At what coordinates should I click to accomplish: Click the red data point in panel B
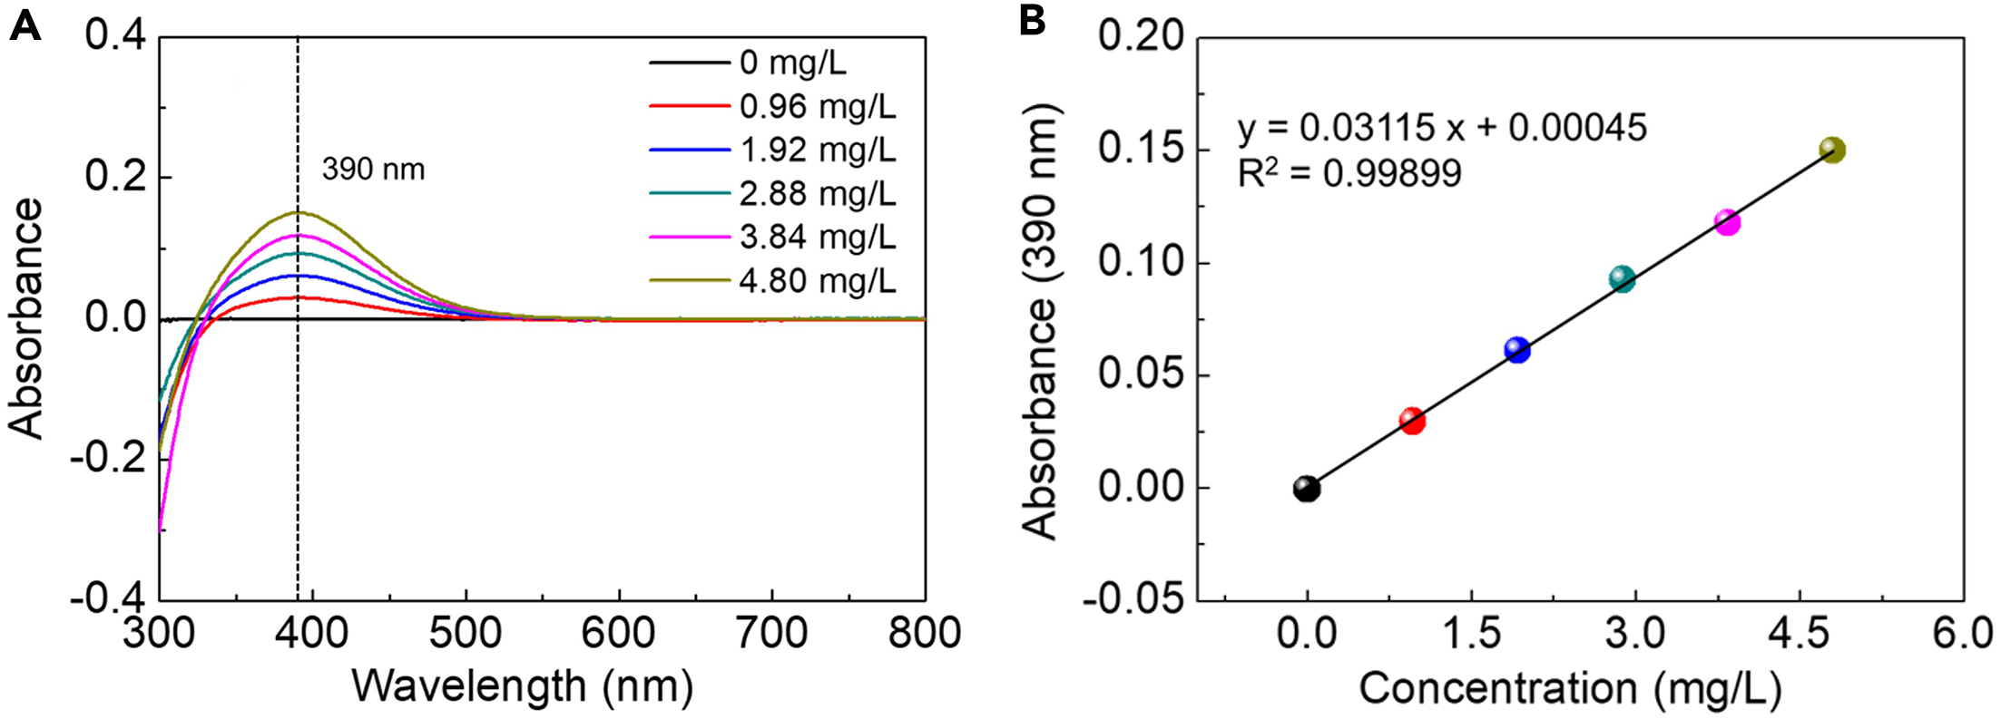(1412, 421)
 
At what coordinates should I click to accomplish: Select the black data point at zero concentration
(1307, 489)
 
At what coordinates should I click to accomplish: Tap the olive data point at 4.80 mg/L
(1832, 150)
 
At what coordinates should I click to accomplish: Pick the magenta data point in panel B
(1727, 222)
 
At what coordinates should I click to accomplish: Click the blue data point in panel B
(1517, 350)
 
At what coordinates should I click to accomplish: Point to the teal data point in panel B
(1623, 279)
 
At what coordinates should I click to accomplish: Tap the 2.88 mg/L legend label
(817, 194)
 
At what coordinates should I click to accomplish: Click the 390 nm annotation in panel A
(373, 170)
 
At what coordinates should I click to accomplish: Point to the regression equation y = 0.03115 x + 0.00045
(1441, 128)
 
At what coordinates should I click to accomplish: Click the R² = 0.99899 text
(1349, 173)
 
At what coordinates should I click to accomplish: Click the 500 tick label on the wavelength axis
(466, 632)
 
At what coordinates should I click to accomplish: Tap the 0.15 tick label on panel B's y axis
(1141, 149)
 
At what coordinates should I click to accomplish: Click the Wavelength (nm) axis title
(523, 686)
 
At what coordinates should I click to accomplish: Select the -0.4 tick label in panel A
(106, 599)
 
